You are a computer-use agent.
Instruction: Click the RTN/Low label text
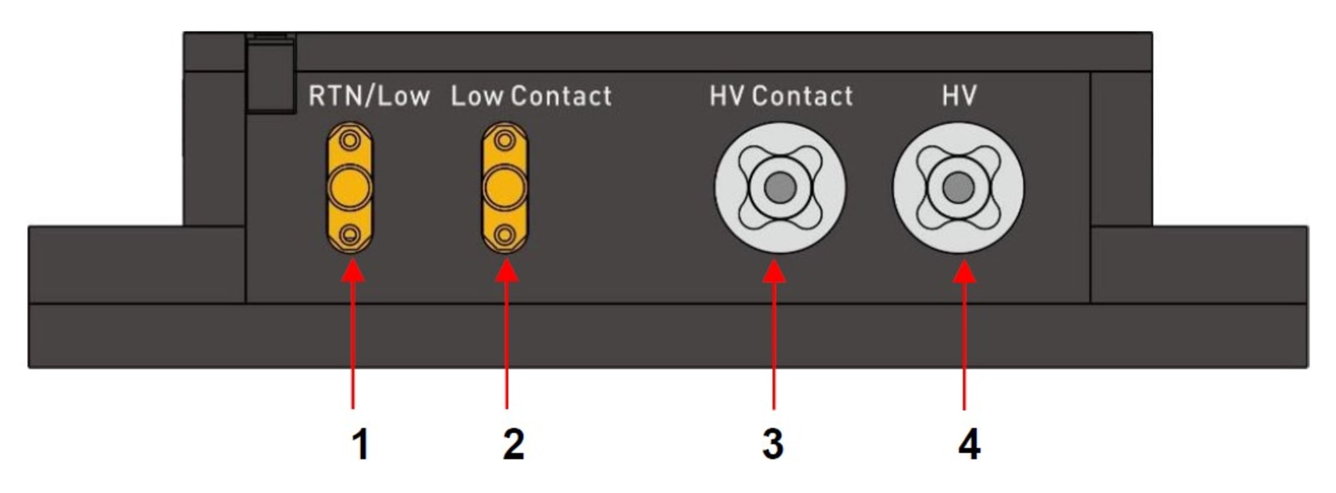369,96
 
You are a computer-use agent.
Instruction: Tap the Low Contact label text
531,96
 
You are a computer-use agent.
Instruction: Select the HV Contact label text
781,96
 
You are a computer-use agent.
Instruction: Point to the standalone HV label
959,96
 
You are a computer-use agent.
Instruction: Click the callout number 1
361,444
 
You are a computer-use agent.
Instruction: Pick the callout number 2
513,444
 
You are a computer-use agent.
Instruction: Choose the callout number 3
773,444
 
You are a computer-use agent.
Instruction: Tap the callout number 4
969,444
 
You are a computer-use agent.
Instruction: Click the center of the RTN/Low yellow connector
349,187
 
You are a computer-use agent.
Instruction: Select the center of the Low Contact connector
505,187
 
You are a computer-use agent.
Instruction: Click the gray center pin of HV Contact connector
780,187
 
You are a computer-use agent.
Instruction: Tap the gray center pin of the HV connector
958,187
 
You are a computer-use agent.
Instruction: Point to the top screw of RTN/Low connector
349,140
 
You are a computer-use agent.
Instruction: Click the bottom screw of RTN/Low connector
349,235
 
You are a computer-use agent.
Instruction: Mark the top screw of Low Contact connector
505,140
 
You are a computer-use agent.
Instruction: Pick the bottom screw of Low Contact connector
505,235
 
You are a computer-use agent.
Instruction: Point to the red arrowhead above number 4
964,273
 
